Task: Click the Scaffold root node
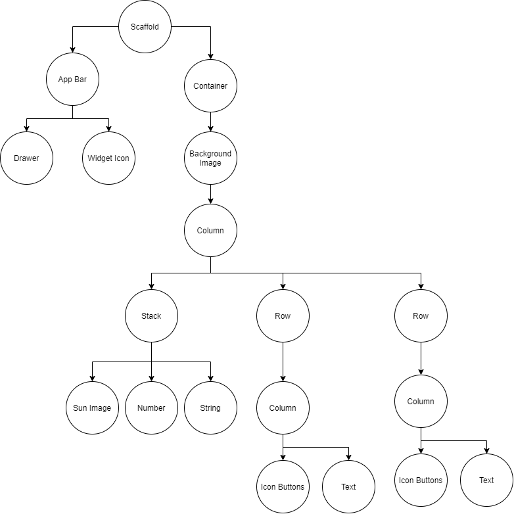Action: (x=145, y=27)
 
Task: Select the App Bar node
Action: (x=72, y=80)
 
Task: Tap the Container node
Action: (x=210, y=86)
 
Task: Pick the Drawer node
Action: (x=26, y=158)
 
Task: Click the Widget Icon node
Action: (x=108, y=158)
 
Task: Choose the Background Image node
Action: (x=210, y=158)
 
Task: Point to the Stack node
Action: (x=151, y=316)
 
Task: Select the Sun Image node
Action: (x=92, y=408)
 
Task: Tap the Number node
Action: (x=151, y=408)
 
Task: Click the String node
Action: (x=210, y=408)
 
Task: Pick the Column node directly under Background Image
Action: (x=210, y=231)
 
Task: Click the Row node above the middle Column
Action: (x=283, y=316)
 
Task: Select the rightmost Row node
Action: (x=421, y=316)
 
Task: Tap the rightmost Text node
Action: (x=486, y=480)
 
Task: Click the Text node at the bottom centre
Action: (x=348, y=487)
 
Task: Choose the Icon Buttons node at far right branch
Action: (x=421, y=480)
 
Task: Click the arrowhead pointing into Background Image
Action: (x=210, y=128)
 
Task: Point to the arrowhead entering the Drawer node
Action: (x=26, y=128)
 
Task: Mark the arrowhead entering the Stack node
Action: (x=151, y=286)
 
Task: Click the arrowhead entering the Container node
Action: (x=210, y=56)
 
